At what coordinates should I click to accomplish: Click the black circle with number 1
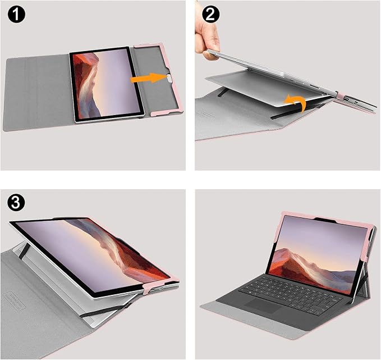click(x=16, y=15)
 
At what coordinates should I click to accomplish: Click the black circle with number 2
click(x=210, y=15)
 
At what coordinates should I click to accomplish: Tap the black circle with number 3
click(x=16, y=202)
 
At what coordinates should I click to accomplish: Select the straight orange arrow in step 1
click(x=149, y=78)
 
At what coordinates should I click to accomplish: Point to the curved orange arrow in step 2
click(x=296, y=103)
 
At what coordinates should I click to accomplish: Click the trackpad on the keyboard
click(x=263, y=306)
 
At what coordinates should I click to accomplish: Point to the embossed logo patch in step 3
click(x=14, y=302)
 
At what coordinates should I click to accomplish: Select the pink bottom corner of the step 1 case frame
click(x=168, y=112)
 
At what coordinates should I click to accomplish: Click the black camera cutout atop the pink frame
click(x=325, y=220)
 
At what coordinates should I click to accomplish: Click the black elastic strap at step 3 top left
click(x=24, y=250)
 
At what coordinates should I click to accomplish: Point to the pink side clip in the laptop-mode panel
click(x=365, y=256)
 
